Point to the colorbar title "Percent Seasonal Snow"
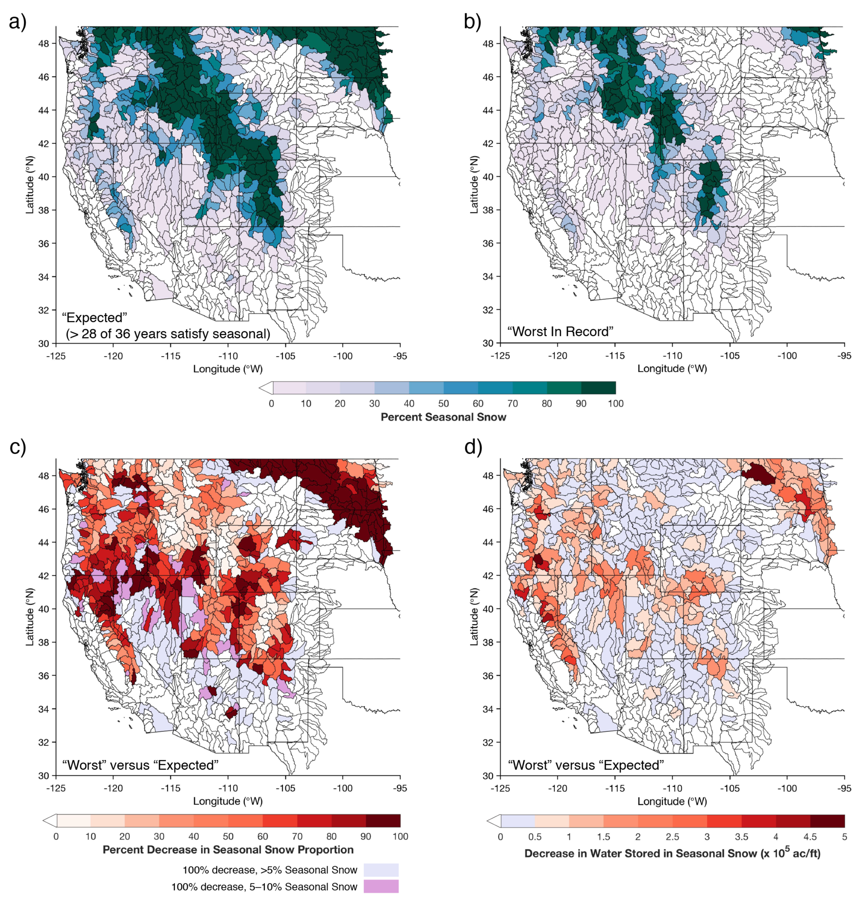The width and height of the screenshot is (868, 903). (x=443, y=417)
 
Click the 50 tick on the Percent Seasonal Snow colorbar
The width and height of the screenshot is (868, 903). (x=443, y=404)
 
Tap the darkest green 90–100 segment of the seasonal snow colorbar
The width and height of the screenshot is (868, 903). (x=598, y=388)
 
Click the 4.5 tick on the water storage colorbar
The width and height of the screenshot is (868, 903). (x=810, y=837)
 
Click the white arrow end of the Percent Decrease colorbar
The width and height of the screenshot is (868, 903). (x=50, y=820)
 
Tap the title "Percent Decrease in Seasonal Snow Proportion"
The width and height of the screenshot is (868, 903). (x=227, y=849)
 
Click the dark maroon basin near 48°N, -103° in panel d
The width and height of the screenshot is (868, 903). (x=757, y=474)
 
